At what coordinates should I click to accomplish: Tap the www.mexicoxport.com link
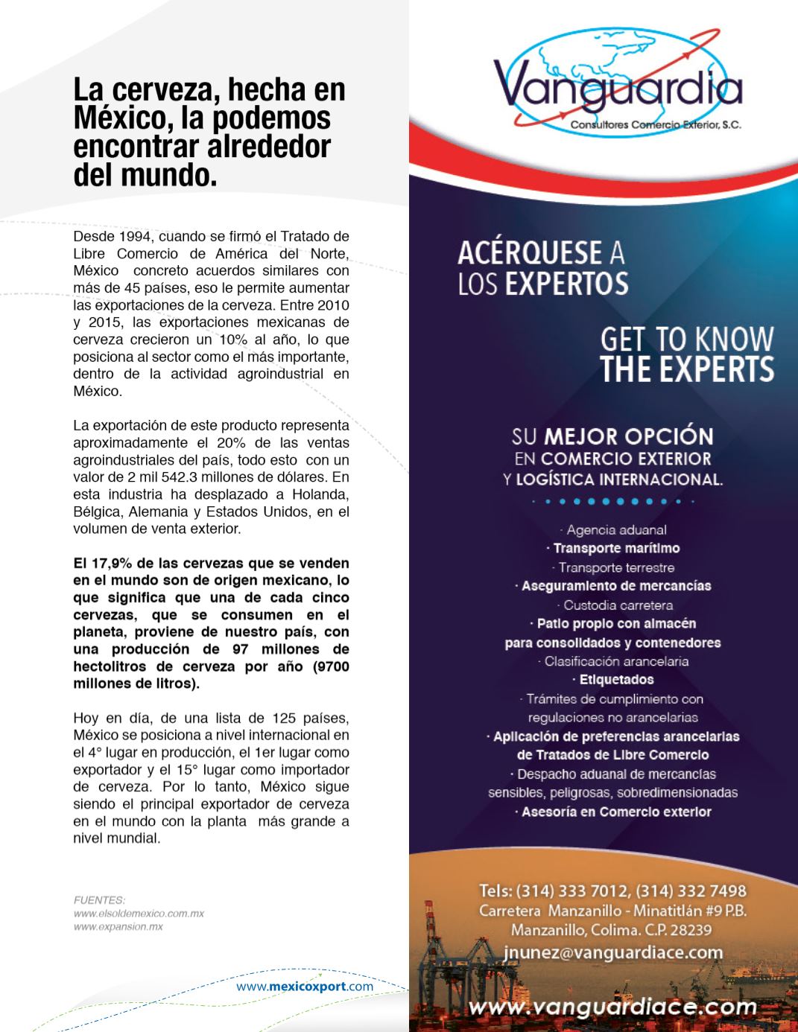305,987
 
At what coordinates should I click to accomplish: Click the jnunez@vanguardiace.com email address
612,952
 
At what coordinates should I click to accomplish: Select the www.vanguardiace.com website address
612,1007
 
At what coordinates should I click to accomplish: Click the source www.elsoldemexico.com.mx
139,913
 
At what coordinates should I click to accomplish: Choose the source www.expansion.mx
118,927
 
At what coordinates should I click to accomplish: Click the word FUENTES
99,899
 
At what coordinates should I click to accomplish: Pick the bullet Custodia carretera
615,605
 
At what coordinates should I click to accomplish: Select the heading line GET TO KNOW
687,340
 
